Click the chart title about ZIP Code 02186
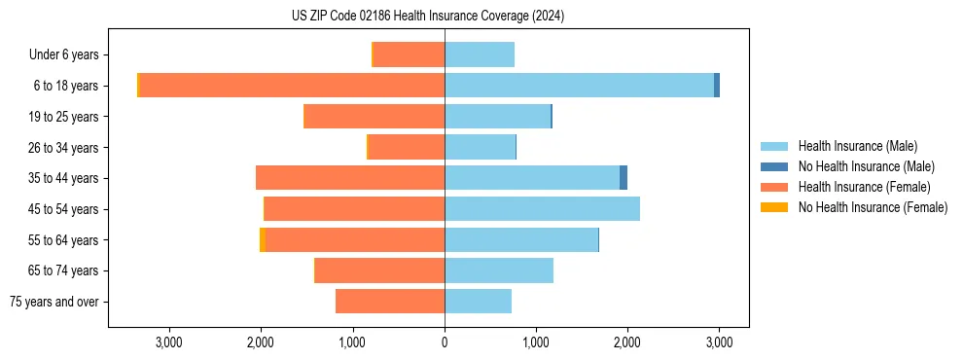[x=427, y=17]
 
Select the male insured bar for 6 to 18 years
[x=579, y=86]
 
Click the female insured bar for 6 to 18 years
[x=292, y=86]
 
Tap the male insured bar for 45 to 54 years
[x=542, y=209]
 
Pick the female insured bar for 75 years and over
[x=390, y=302]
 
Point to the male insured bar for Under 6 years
[x=480, y=54]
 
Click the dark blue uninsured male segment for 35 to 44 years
[x=624, y=178]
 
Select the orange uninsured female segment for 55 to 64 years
[x=263, y=240]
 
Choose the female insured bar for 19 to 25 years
[x=374, y=117]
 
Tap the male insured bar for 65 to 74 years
[x=499, y=270]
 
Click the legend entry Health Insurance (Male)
[x=857, y=146]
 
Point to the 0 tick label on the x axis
[x=445, y=342]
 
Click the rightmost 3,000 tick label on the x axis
[x=719, y=342]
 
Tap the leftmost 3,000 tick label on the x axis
[x=169, y=342]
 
